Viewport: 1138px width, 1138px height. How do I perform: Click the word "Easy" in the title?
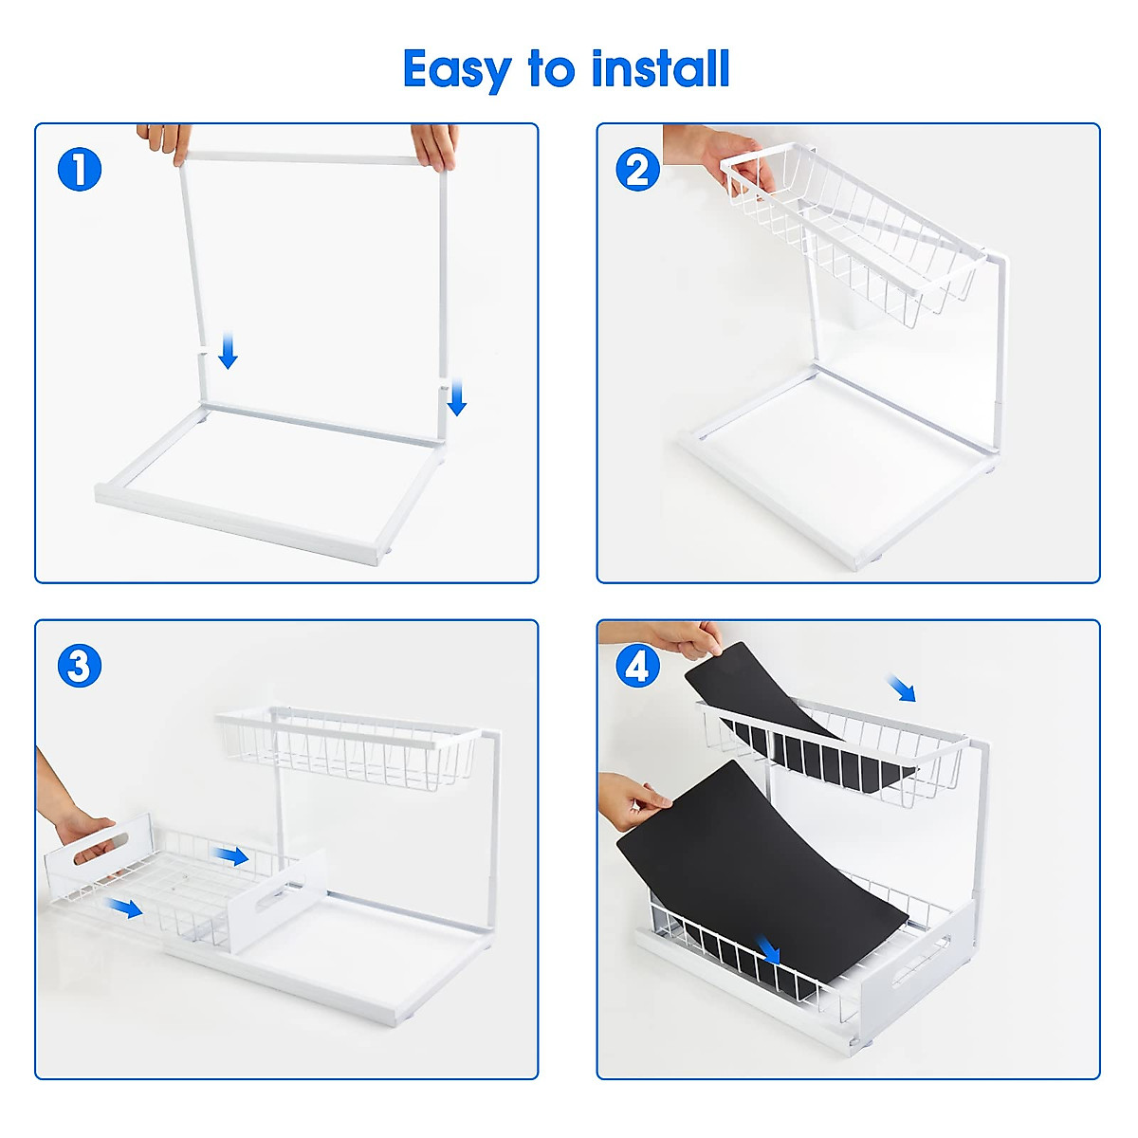(457, 69)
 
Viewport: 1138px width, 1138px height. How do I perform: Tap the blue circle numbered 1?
(80, 170)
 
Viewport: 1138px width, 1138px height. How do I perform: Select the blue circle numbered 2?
(638, 170)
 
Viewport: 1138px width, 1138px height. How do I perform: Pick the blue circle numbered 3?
(80, 666)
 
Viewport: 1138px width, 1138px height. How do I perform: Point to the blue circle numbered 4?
(638, 666)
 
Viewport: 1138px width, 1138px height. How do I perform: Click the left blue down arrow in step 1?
(228, 350)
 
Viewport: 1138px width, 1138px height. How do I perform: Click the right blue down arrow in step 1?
(457, 396)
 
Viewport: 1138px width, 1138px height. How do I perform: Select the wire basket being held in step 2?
(853, 237)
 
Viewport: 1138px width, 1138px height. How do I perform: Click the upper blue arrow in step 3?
(231, 856)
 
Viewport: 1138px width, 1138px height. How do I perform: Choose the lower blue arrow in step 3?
(124, 908)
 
